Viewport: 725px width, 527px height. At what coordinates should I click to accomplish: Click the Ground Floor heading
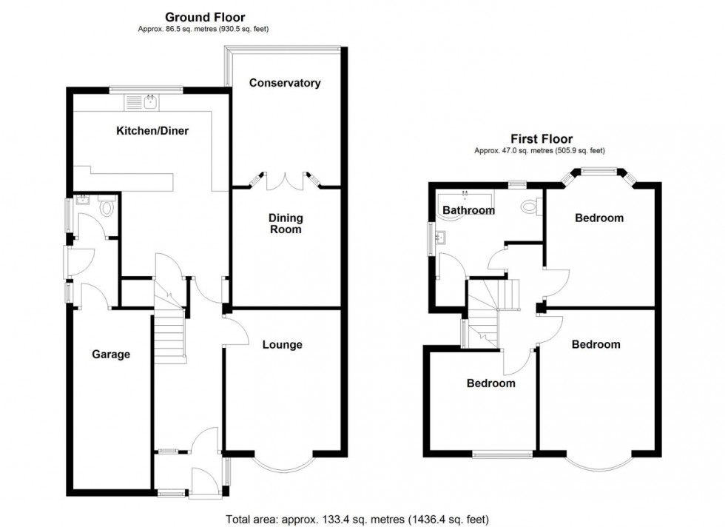click(205, 16)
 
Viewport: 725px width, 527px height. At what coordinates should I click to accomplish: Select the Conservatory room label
click(285, 83)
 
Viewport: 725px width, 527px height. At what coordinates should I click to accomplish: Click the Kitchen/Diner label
click(152, 131)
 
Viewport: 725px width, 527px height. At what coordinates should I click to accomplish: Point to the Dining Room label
click(286, 224)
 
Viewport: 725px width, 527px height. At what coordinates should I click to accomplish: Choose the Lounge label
click(282, 344)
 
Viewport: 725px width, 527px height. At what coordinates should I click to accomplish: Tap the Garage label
click(111, 355)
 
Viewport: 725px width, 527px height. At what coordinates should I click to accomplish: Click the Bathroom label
click(468, 210)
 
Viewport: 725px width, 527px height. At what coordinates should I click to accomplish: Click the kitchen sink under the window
click(151, 101)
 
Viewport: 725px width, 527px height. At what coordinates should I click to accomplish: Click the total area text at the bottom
click(356, 519)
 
